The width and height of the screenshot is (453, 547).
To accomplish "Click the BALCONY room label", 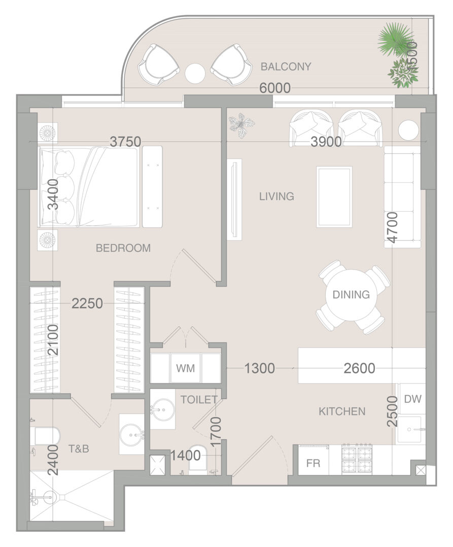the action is [x=286, y=67].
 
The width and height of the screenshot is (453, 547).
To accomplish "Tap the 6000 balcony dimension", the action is [x=275, y=88].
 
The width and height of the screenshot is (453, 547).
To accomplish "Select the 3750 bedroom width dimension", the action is [x=126, y=142].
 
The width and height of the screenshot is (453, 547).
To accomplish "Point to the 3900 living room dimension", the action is [x=326, y=142].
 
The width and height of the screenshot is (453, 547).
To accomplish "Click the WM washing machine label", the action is [x=185, y=368].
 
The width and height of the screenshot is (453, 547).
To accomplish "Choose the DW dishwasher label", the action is [x=412, y=399].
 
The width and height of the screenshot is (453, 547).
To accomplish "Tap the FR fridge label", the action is [x=313, y=463].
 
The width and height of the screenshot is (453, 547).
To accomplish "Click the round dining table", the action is [x=351, y=295].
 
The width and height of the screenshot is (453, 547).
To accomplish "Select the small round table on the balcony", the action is [x=195, y=73].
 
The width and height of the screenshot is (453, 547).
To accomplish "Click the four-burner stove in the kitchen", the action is [x=356, y=459].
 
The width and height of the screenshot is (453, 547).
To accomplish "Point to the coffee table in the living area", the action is [x=334, y=197].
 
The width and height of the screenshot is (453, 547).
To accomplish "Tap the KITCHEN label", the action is [x=342, y=411].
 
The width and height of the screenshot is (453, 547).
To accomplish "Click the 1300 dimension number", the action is [x=259, y=368].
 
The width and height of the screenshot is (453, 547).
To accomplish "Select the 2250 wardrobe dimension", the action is [x=87, y=303].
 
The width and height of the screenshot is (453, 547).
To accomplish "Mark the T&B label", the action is [x=79, y=448].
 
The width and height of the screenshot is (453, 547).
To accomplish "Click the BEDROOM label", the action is [x=123, y=248].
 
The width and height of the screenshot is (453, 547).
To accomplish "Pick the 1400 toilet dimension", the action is [x=186, y=455].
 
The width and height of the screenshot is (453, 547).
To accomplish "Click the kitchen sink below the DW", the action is [x=411, y=430].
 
